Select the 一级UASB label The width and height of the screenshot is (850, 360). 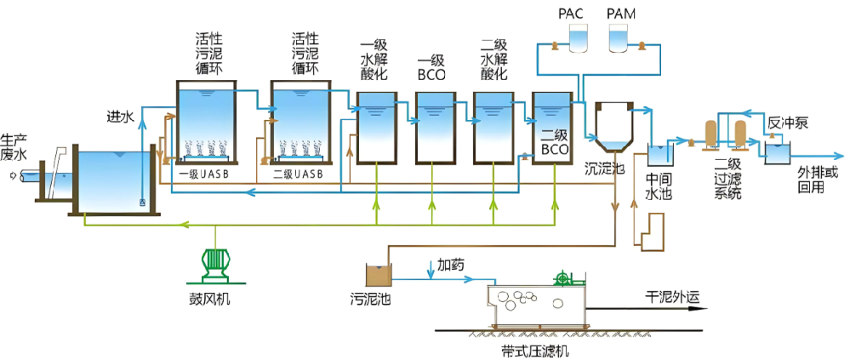204,174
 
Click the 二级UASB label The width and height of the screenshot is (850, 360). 298,174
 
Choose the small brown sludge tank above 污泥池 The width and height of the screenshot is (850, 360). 378,274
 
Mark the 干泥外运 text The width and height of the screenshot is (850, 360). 672,297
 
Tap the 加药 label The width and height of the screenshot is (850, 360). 451,265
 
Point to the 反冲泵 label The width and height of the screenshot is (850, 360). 788,123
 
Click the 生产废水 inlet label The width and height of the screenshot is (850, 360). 14,149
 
